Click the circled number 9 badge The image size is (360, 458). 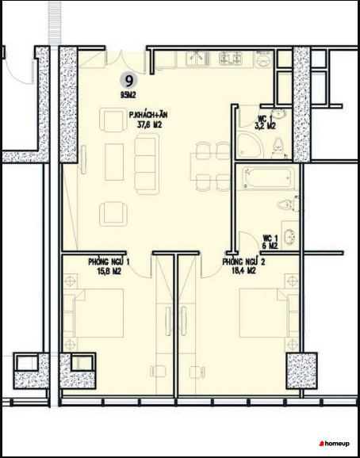pyautogui.click(x=128, y=81)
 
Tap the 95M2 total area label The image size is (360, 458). pyautogui.click(x=128, y=95)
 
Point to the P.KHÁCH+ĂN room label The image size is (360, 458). pyautogui.click(x=148, y=116)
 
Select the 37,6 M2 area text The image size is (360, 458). pyautogui.click(x=149, y=125)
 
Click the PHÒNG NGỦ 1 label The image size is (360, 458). pyautogui.click(x=109, y=262)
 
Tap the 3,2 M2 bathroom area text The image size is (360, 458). pyautogui.click(x=266, y=126)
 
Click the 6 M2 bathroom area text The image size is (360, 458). pyautogui.click(x=270, y=246)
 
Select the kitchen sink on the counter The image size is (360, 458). pyautogui.click(x=197, y=59)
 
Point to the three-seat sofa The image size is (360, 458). pyautogui.click(x=147, y=164)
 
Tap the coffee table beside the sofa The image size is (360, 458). pyautogui.click(x=114, y=162)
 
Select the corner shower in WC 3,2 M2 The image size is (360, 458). pyautogui.click(x=249, y=145)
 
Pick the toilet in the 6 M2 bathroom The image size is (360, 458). pyautogui.click(x=289, y=204)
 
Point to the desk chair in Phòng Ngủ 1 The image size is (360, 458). pyautogui.click(x=159, y=372)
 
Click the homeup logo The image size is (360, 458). pyautogui.click(x=334, y=444)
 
